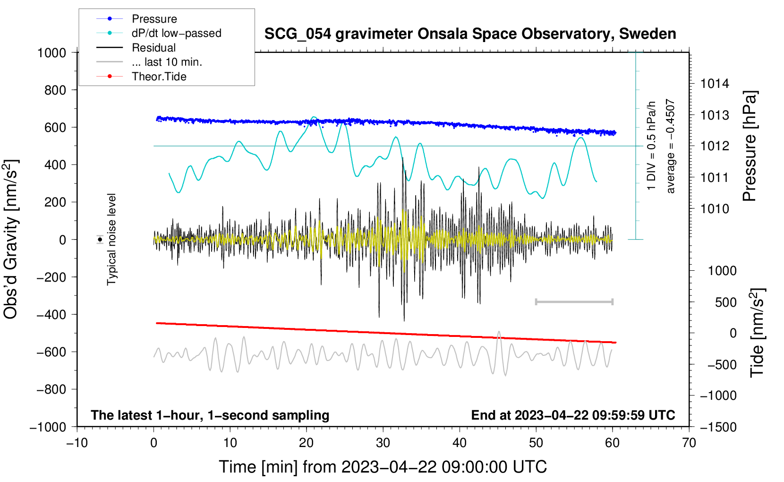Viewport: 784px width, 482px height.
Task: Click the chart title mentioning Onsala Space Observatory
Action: pyautogui.click(x=470, y=34)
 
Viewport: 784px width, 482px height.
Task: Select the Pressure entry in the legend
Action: pyautogui.click(x=154, y=19)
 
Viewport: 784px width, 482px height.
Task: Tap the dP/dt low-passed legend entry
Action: pyautogui.click(x=176, y=33)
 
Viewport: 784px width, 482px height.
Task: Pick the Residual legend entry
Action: pyautogui.click(x=153, y=48)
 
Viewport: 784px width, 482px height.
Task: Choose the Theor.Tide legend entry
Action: pyautogui.click(x=159, y=77)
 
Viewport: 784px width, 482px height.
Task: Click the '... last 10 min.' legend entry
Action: pyautogui.click(x=167, y=62)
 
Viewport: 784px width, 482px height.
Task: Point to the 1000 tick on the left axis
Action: pyautogui.click(x=51, y=52)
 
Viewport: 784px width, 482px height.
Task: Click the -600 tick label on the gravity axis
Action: pyautogui.click(x=51, y=352)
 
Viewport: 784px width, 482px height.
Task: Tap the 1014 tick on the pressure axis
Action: pyautogui.click(x=715, y=84)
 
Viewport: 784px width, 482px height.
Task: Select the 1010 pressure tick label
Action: pyautogui.click(x=715, y=209)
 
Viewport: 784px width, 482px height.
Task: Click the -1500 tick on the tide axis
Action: pyautogui.click(x=718, y=427)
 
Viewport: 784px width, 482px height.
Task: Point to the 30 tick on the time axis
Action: pyautogui.click(x=383, y=443)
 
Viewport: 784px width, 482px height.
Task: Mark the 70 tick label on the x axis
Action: pyautogui.click(x=689, y=443)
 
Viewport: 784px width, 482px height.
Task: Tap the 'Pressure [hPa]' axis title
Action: pyautogui.click(x=750, y=146)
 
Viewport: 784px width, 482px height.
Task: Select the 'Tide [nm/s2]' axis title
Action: pyautogui.click(x=757, y=333)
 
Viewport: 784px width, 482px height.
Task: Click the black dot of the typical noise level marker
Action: pyautogui.click(x=100, y=240)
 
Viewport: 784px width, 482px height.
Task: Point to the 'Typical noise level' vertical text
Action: pyautogui.click(x=111, y=240)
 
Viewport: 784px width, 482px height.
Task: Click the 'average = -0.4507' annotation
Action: pyautogui.click(x=671, y=146)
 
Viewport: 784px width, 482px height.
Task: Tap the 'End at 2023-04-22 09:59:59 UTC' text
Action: pyautogui.click(x=573, y=415)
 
